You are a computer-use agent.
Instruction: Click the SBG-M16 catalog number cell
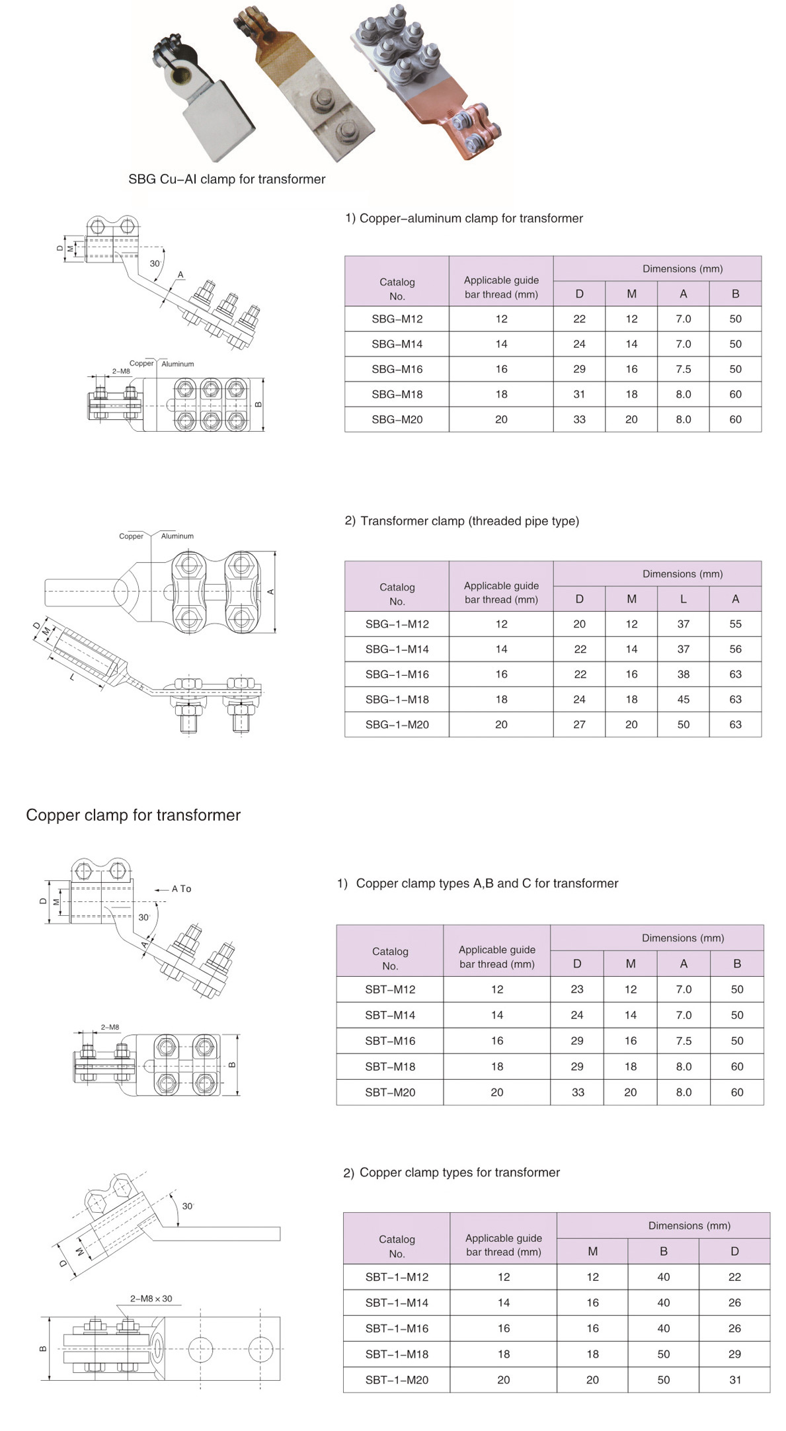coord(397,369)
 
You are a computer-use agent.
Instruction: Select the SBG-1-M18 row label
coord(397,699)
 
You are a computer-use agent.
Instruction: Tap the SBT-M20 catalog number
coord(390,1092)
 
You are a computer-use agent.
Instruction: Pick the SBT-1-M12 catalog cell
coord(397,1277)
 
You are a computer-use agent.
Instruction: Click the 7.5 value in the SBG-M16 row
coord(683,369)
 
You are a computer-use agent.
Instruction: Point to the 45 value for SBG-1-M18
coord(683,699)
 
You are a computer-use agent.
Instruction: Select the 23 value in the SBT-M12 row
coord(576,989)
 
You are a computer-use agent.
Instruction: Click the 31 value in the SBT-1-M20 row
coord(734,1380)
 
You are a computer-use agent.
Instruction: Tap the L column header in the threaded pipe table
coord(683,599)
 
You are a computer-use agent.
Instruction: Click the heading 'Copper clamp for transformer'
coord(133,815)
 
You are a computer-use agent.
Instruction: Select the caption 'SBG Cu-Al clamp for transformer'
coord(227,179)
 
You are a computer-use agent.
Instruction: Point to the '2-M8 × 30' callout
coord(151,1298)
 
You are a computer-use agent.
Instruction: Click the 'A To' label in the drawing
coord(181,889)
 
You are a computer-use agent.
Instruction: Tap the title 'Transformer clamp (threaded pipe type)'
coord(469,521)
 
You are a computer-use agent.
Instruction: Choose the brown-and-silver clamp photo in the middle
coord(301,86)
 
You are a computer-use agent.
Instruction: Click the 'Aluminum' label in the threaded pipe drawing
coord(177,536)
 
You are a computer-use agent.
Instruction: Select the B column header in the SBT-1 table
coord(663,1251)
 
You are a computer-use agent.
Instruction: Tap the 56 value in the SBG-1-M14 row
coord(735,649)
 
